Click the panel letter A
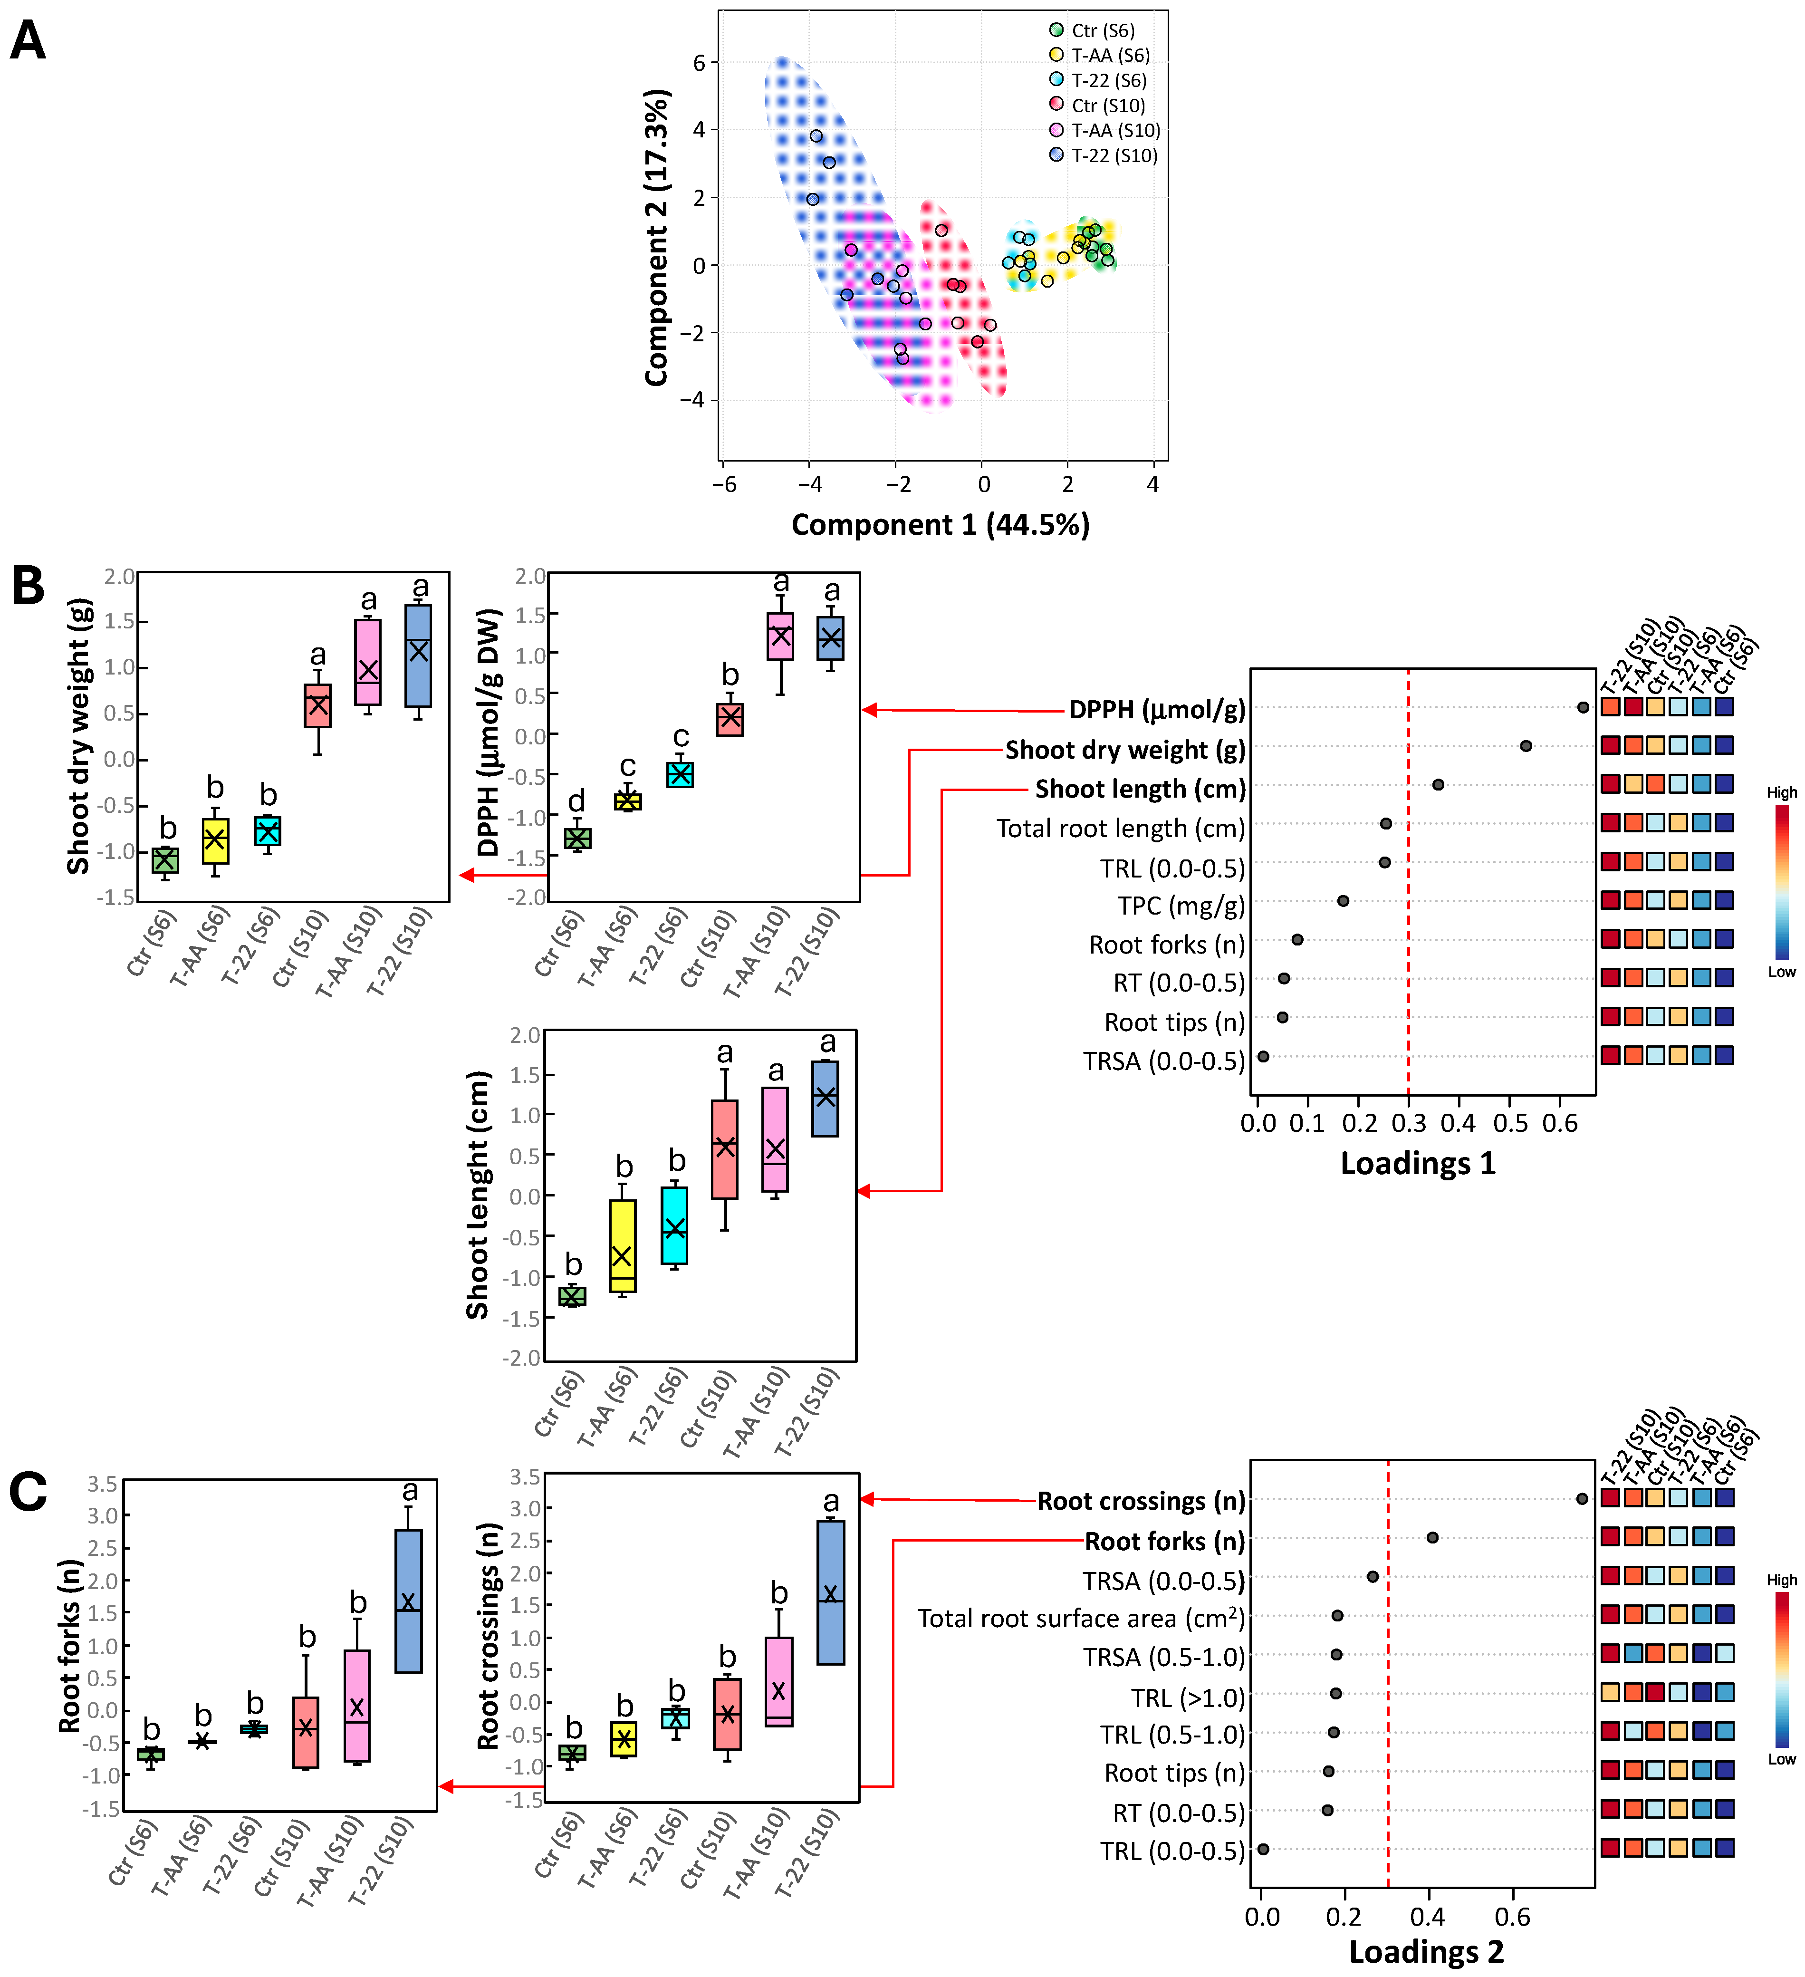(28, 41)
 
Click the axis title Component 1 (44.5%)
(939, 525)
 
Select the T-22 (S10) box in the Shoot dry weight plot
(419, 655)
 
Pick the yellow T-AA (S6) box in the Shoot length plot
(622, 1245)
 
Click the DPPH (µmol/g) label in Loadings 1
(1156, 709)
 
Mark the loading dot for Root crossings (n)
(1582, 1498)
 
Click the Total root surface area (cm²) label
(1079, 1618)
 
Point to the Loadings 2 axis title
(1426, 1951)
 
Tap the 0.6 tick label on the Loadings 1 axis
(1559, 1123)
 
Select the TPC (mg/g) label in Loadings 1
(1181, 905)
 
